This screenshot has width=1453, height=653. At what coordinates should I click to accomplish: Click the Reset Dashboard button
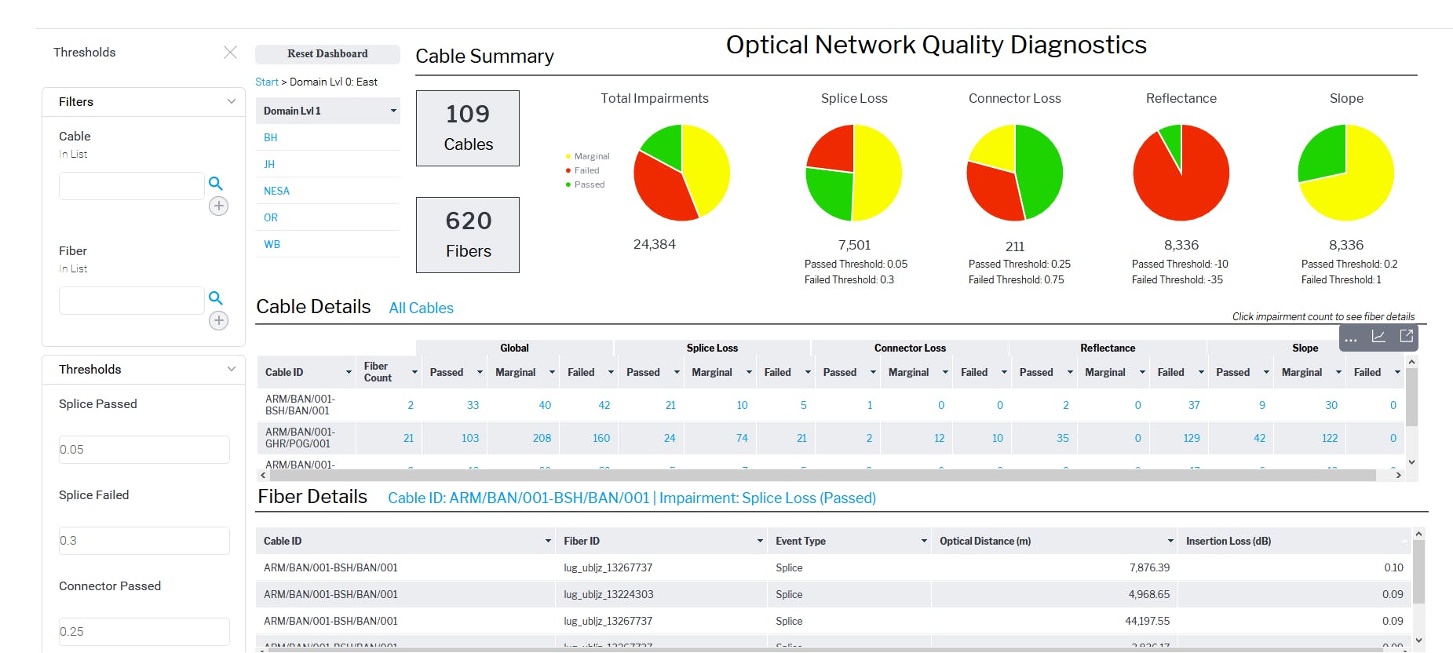pyautogui.click(x=327, y=54)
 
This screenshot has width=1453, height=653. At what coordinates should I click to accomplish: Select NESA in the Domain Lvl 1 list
pyautogui.click(x=276, y=191)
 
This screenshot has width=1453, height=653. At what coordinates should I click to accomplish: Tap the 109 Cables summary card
pyautogui.click(x=468, y=128)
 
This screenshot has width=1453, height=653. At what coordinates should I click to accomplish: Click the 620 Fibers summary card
pyautogui.click(x=468, y=235)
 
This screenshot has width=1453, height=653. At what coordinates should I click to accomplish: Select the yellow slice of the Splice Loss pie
pyautogui.click(x=878, y=173)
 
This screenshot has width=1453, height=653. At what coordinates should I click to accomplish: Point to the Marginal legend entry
pyautogui.click(x=591, y=156)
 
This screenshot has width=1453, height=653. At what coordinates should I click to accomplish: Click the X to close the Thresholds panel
pyautogui.click(x=230, y=53)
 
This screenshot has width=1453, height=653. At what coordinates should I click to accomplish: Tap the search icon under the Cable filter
pyautogui.click(x=216, y=184)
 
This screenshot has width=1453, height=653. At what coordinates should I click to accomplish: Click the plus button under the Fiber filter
pyautogui.click(x=218, y=320)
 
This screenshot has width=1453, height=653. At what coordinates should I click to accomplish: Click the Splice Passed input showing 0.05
pyautogui.click(x=144, y=450)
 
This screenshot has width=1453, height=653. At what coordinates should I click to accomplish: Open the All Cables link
pyautogui.click(x=421, y=308)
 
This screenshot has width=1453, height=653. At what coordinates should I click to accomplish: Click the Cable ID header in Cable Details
pyautogui.click(x=284, y=373)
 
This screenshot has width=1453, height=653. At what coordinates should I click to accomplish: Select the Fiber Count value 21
pyautogui.click(x=408, y=439)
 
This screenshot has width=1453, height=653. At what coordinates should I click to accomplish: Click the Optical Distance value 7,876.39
pyautogui.click(x=1149, y=568)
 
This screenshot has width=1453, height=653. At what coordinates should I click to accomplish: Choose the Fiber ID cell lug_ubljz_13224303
pyautogui.click(x=608, y=595)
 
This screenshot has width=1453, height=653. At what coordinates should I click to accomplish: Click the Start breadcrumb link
pyautogui.click(x=266, y=82)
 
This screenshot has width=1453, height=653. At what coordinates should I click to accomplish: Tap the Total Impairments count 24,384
pyautogui.click(x=654, y=245)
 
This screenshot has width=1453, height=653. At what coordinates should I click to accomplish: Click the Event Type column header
pyautogui.click(x=801, y=542)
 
